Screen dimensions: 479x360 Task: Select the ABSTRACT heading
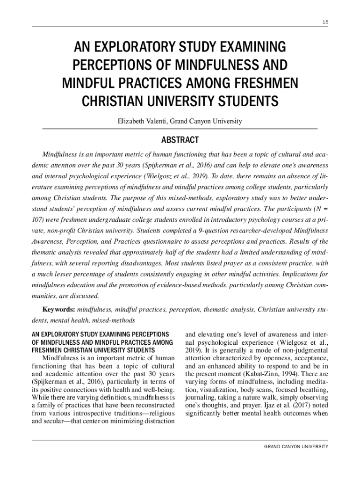180,140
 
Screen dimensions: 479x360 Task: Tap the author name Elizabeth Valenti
142,121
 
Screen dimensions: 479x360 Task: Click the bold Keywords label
59,310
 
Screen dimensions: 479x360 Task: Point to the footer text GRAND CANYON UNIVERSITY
296,447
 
